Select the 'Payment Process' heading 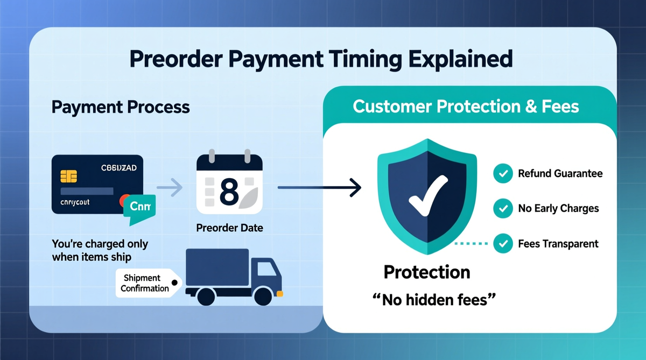(x=121, y=107)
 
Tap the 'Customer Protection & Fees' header (x=466, y=106)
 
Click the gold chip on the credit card (x=69, y=175)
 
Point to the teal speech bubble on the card (x=139, y=206)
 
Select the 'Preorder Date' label (x=229, y=228)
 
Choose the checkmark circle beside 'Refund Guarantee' (x=503, y=174)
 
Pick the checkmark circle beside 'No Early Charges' (x=503, y=208)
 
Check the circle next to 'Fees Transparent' (x=503, y=243)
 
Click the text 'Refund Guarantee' (x=560, y=174)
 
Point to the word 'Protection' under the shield (x=427, y=272)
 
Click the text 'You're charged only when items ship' (x=100, y=250)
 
